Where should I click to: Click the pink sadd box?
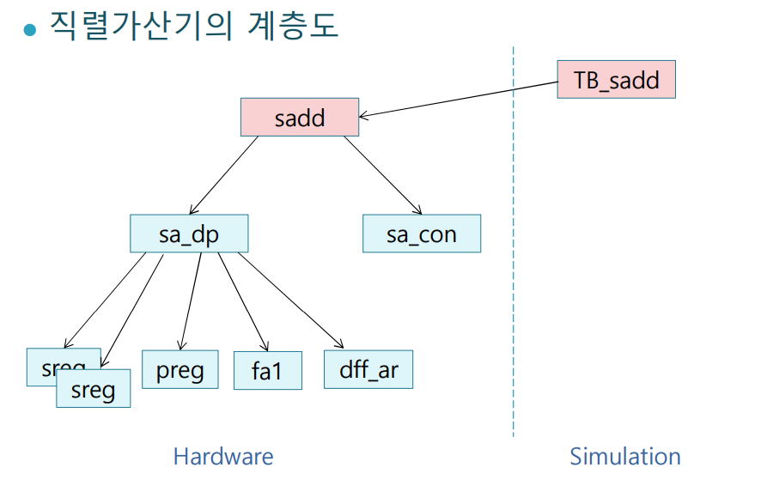299,117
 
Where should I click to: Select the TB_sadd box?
616,80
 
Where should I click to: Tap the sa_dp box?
189,234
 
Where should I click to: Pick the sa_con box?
421,234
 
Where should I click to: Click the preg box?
180,369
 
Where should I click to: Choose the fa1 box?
267,370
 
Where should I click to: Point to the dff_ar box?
368,369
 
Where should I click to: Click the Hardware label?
223,456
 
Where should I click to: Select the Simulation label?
625,456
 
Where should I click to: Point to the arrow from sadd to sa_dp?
224,175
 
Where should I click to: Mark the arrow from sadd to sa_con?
383,175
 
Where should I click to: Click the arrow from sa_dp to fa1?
239,297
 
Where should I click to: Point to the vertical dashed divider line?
514,258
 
